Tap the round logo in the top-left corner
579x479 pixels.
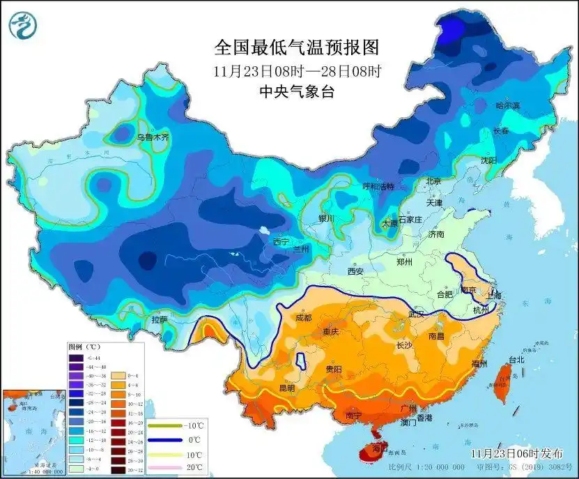[x=23, y=26]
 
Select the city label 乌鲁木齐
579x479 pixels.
[x=153, y=138]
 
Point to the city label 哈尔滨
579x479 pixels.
[x=508, y=105]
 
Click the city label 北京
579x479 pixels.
[x=433, y=181]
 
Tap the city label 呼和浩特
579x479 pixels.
[x=378, y=187]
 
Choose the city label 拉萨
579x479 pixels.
[x=160, y=320]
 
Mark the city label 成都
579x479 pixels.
[x=303, y=318]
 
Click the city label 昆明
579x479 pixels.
[x=286, y=387]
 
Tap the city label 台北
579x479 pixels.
[x=516, y=360]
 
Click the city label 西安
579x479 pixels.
[x=356, y=271]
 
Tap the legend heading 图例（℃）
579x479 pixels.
[x=85, y=347]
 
